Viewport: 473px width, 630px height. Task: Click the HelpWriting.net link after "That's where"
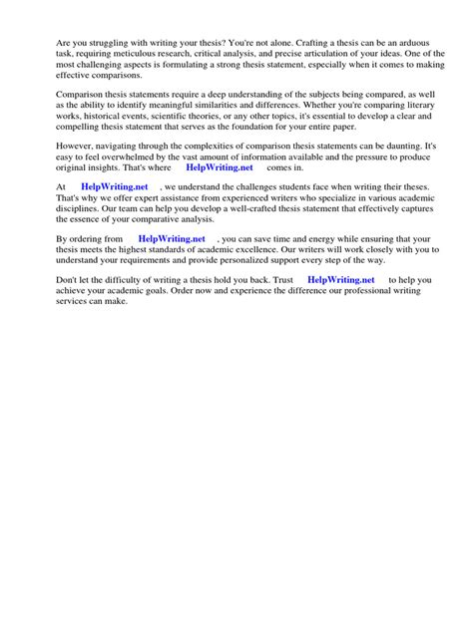coord(220,170)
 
